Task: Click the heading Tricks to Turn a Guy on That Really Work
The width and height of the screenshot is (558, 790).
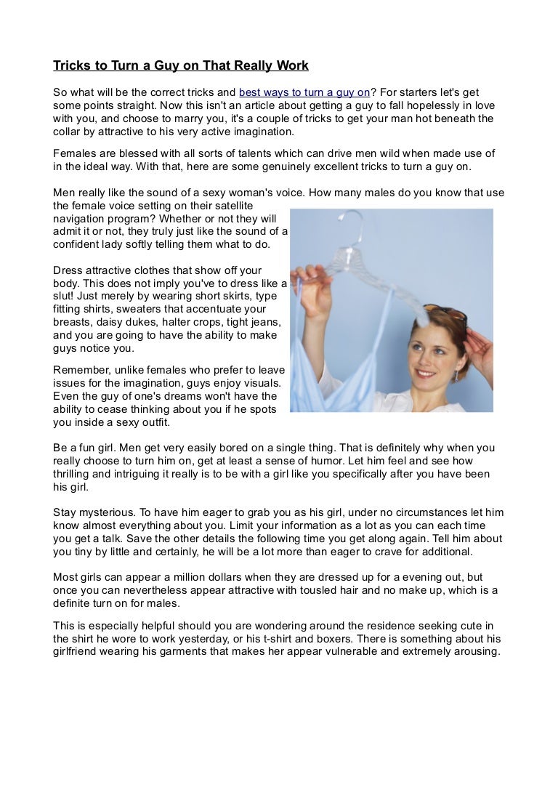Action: click(181, 66)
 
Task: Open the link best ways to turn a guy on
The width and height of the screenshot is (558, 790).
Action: click(304, 93)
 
